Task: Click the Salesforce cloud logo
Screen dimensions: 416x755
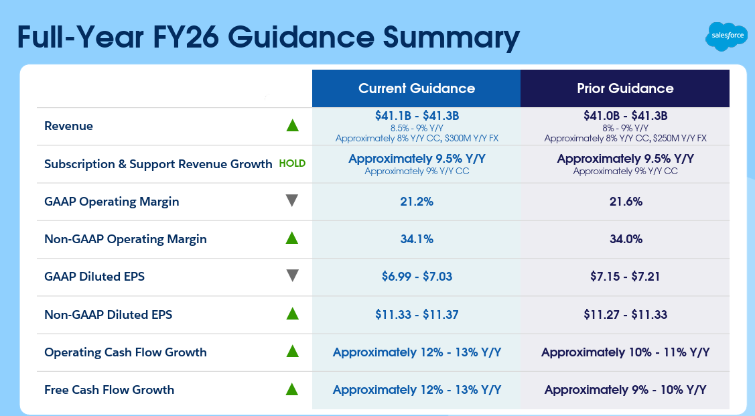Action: point(726,36)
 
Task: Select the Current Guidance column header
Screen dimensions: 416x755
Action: point(416,88)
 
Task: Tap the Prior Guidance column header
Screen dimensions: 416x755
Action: point(625,88)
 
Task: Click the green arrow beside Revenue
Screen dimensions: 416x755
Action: point(291,125)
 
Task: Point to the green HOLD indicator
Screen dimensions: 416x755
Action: point(291,163)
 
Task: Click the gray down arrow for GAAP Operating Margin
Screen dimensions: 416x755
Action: point(291,201)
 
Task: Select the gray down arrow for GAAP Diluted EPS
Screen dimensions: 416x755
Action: point(291,276)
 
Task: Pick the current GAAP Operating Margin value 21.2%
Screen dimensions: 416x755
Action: point(416,202)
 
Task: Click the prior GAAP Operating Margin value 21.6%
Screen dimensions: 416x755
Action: point(625,202)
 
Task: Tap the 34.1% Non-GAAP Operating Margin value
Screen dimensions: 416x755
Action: point(416,239)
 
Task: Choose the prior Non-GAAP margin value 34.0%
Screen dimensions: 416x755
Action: point(625,239)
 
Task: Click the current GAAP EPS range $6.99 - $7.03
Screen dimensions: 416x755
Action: point(416,277)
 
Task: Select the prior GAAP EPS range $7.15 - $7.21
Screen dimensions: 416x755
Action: point(625,277)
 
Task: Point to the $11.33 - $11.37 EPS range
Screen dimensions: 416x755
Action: point(416,314)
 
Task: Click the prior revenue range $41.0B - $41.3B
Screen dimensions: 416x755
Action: point(625,116)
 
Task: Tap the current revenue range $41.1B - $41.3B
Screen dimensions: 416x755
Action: point(416,116)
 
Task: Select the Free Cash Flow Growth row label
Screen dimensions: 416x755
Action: point(109,390)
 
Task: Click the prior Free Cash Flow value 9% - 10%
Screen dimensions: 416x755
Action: point(625,390)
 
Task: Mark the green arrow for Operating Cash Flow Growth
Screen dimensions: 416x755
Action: point(291,351)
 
